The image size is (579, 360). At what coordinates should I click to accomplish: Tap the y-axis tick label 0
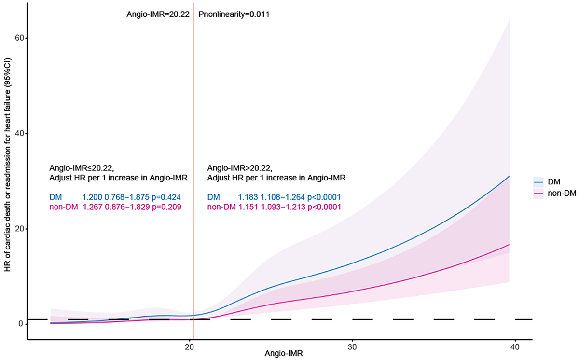pos(21,324)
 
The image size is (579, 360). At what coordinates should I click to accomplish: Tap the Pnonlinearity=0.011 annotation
pos(234,14)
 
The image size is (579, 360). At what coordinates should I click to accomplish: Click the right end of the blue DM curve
pos(510,176)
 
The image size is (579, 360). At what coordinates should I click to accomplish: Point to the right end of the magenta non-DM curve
pos(510,245)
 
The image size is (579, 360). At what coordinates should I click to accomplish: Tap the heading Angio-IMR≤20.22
pos(81,168)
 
